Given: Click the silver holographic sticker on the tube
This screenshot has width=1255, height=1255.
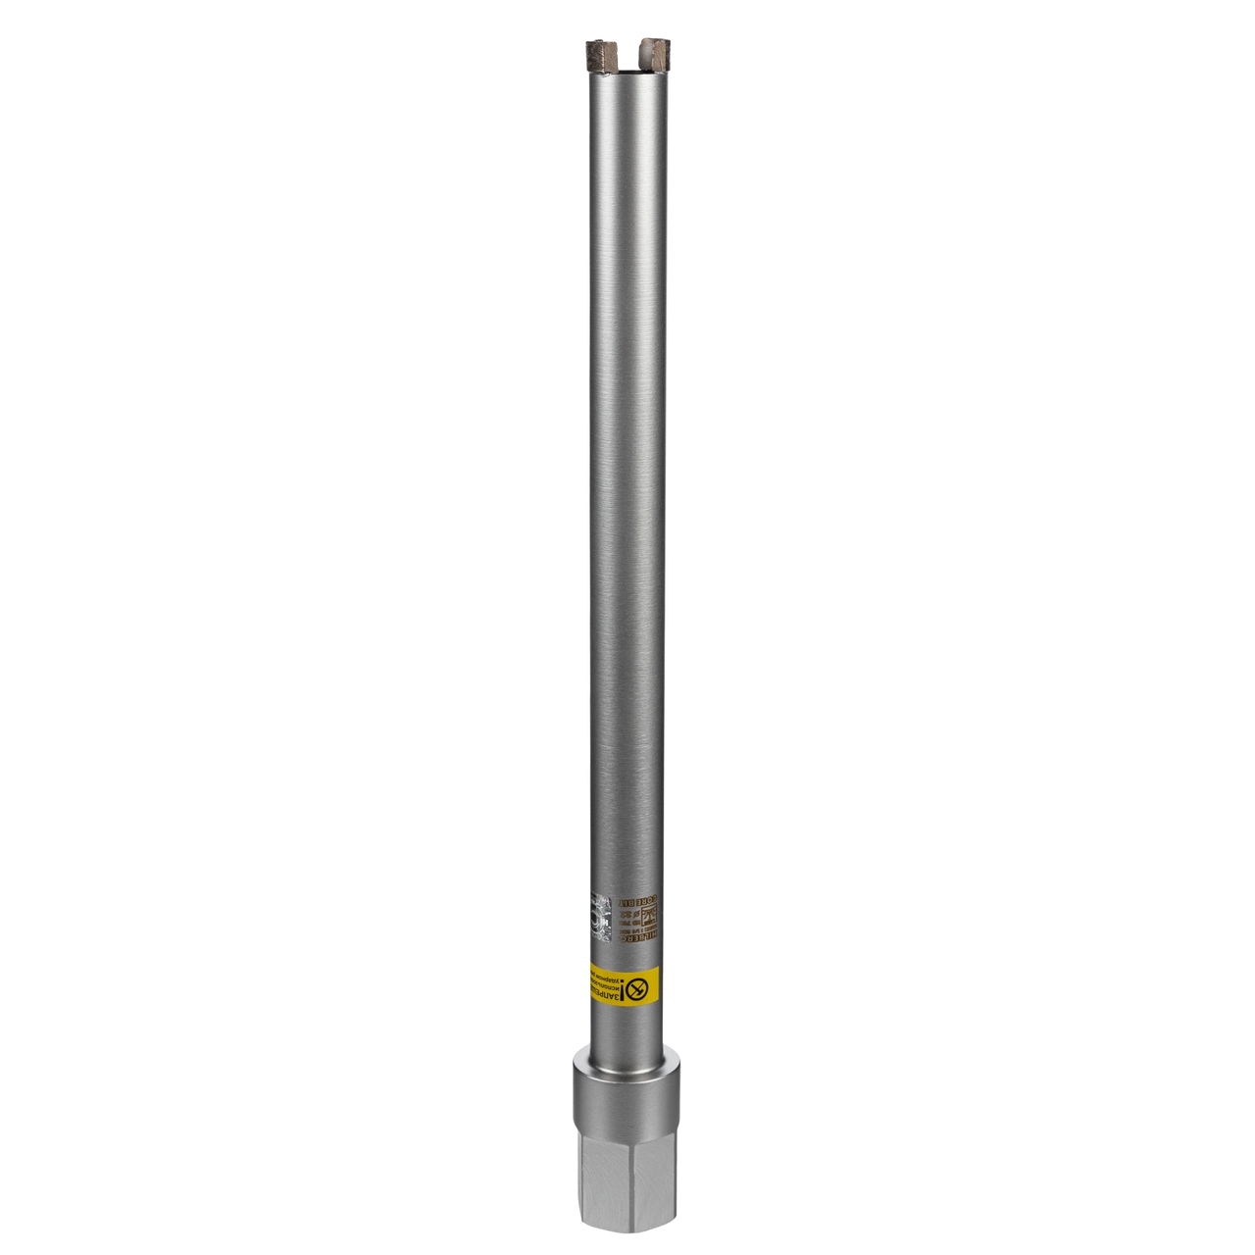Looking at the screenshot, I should pyautogui.click(x=601, y=917).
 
